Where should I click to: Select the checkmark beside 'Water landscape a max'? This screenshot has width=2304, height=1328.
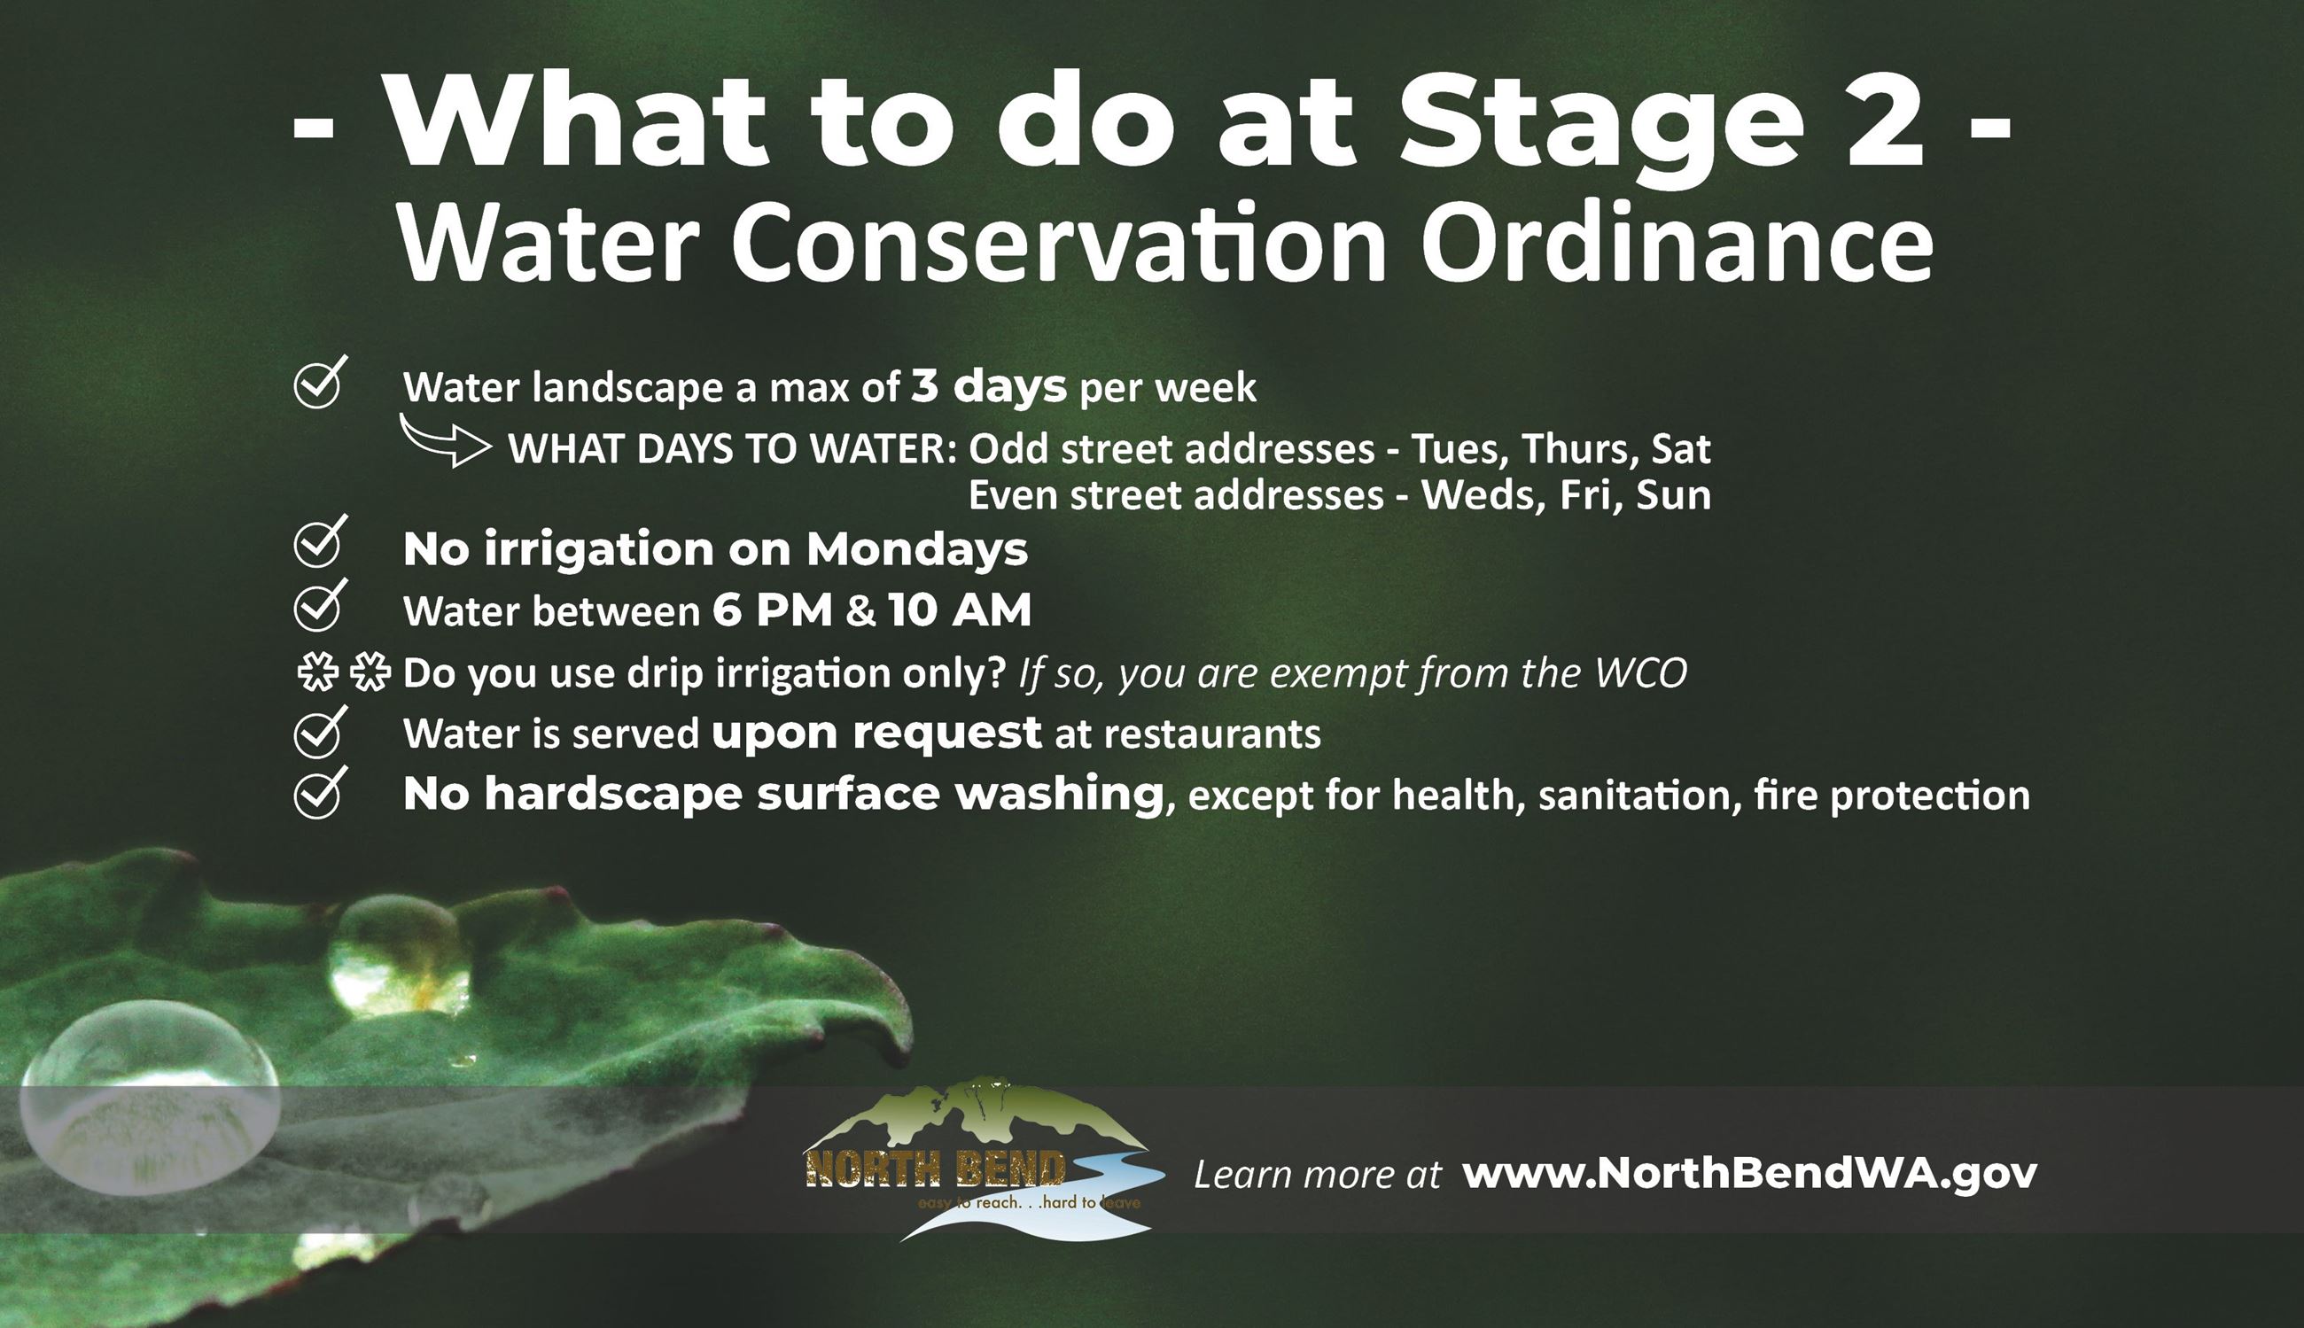point(318,383)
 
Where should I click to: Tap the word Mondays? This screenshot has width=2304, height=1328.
point(916,549)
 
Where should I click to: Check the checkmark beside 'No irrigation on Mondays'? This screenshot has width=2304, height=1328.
point(318,543)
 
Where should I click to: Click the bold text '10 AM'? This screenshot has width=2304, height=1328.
point(960,610)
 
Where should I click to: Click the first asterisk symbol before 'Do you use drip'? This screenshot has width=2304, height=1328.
point(317,673)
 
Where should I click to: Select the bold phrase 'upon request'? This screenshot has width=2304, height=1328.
point(876,733)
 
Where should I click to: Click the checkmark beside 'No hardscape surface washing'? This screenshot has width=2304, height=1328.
point(318,794)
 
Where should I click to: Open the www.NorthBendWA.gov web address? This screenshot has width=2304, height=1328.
point(1749,1174)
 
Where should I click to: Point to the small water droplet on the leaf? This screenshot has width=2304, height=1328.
point(399,954)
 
